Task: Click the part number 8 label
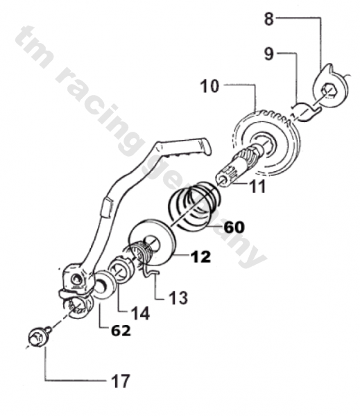click(269, 19)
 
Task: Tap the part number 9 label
click(269, 54)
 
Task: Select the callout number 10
click(209, 86)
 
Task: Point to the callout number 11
click(258, 187)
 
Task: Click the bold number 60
click(234, 227)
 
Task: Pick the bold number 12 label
click(200, 257)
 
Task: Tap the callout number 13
click(178, 297)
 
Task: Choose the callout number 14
click(139, 313)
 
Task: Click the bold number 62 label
click(121, 330)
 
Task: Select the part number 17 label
click(121, 381)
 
